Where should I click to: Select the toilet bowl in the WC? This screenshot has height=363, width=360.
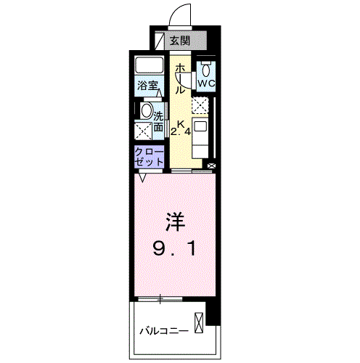pos(207,70)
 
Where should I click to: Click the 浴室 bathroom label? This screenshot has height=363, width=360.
pos(148,86)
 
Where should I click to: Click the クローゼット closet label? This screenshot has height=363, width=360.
pos(148,156)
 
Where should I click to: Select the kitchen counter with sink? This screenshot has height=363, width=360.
pos(201,135)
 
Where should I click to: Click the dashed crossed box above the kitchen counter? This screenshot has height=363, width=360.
pos(200,105)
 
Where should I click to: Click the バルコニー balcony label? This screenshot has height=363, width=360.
pos(164,332)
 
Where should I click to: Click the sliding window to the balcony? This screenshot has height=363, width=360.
pos(160,298)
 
